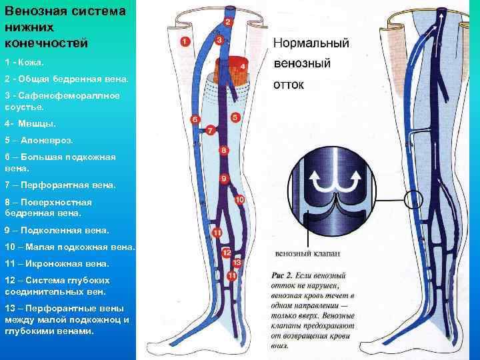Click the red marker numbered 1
pyautogui.click(x=185, y=41)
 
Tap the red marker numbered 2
pyautogui.click(x=228, y=23)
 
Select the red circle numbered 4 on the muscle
pyautogui.click(x=243, y=67)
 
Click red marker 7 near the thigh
pyautogui.click(x=210, y=129)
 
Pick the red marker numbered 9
pyautogui.click(x=225, y=179)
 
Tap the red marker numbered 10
pyautogui.click(x=239, y=199)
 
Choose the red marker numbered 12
pyautogui.click(x=227, y=253)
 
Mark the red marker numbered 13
pyautogui.click(x=237, y=263)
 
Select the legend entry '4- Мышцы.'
pyautogui.click(x=30, y=124)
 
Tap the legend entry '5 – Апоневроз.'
pyautogui.click(x=39, y=141)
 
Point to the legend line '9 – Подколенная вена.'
pyautogui.click(x=57, y=230)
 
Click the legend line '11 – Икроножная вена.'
pyautogui.click(x=57, y=263)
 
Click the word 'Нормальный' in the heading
pyautogui.click(x=311, y=43)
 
